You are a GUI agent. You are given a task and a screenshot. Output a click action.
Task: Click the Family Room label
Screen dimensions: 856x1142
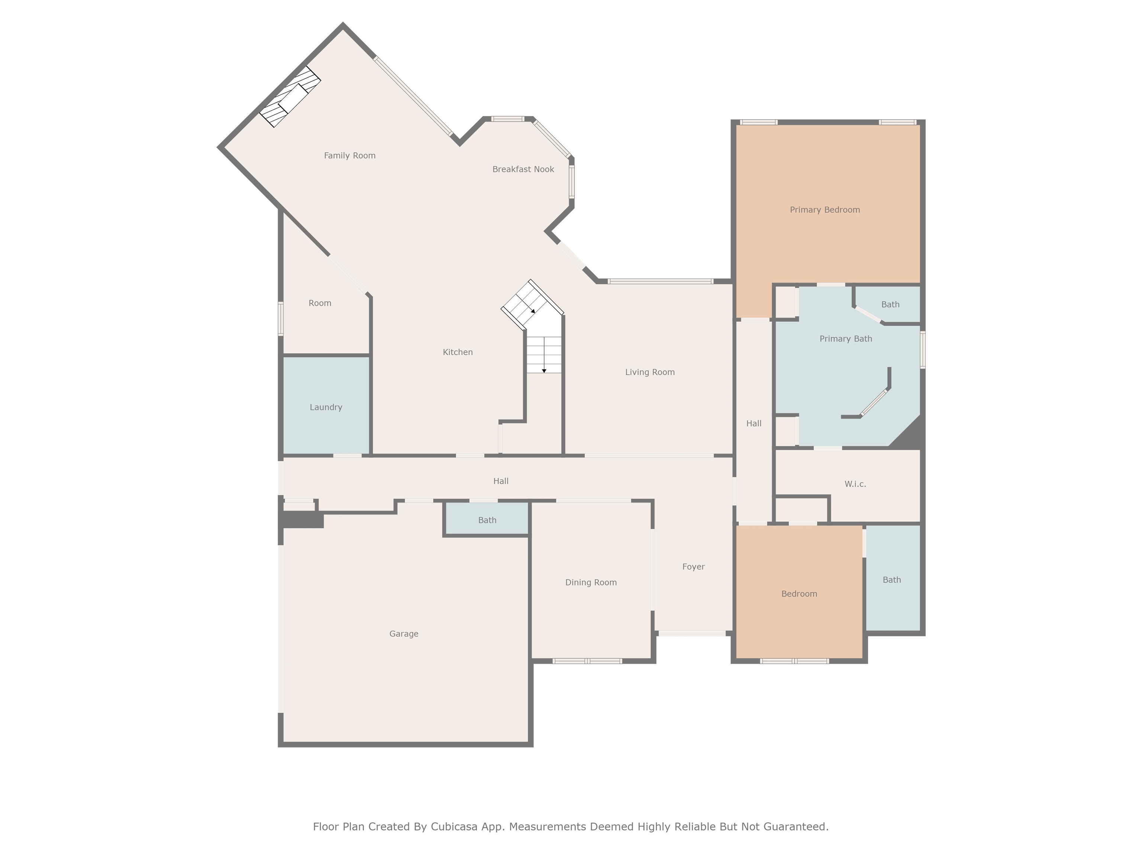coord(349,155)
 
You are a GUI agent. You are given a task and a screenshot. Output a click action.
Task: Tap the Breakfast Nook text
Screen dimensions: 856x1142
coord(523,169)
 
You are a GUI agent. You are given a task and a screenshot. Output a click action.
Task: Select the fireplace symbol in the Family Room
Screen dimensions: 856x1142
coord(290,97)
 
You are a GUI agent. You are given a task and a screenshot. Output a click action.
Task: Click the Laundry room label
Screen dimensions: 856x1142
coord(326,407)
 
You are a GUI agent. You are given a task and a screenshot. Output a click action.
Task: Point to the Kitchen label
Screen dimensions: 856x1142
coord(457,352)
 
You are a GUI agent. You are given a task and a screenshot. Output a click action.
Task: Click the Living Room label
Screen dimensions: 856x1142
coord(649,372)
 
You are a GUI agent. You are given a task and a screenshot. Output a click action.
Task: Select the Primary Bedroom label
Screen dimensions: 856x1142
coord(825,210)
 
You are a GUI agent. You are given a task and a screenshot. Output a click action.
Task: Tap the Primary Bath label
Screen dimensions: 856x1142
coord(846,338)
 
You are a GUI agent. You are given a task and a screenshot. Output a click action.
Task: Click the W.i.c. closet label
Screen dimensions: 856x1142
coord(855,484)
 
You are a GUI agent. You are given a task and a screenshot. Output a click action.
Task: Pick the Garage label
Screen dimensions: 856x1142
coord(404,633)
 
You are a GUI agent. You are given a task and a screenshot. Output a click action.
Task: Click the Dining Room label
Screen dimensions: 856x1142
coord(591,582)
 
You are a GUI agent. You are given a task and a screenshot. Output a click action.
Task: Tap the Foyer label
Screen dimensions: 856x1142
coord(693,567)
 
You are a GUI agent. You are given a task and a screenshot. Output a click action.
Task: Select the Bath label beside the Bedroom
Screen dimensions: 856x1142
coord(891,580)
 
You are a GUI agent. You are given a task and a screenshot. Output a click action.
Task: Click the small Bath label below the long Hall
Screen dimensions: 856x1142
coord(487,520)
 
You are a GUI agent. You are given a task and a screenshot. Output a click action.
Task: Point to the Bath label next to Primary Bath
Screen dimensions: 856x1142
coord(890,304)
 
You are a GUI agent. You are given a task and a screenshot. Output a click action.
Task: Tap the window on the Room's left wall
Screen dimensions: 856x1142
coord(281,319)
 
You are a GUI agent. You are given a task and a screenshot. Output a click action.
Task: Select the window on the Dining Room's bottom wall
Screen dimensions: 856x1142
coord(587,661)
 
